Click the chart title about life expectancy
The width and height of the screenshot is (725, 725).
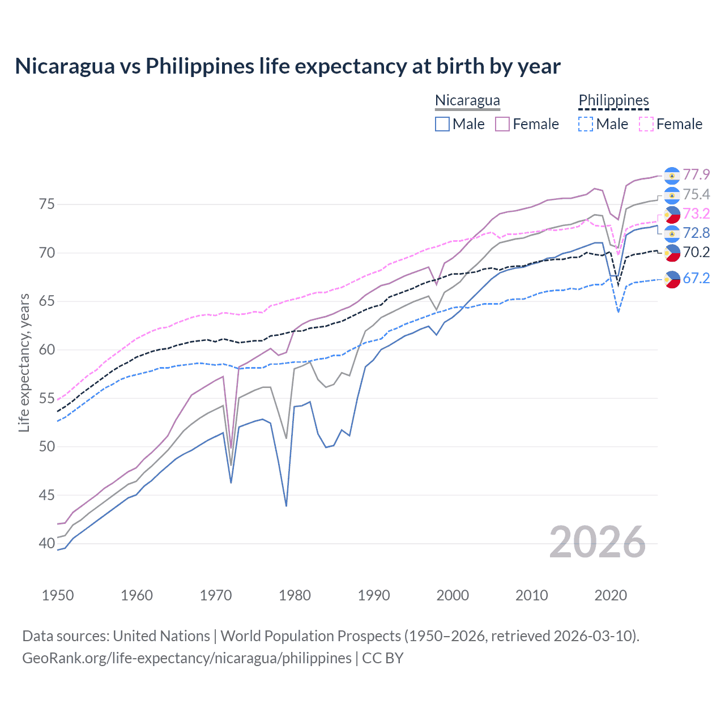click(288, 66)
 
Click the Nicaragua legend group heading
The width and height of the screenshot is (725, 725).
click(467, 100)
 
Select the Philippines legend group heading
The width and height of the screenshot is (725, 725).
click(613, 100)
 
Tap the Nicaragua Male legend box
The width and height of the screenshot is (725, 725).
click(442, 124)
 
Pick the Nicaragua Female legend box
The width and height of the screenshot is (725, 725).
click(502, 124)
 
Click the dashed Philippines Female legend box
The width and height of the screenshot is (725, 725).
click(646, 124)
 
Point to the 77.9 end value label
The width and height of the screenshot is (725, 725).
click(696, 175)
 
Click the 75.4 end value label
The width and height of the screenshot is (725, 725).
click(696, 195)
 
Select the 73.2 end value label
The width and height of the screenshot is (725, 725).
click(696, 214)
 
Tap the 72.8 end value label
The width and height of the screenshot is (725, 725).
click(696, 233)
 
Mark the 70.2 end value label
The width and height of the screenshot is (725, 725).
click(696, 252)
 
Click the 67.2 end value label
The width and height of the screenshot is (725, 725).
click(696, 278)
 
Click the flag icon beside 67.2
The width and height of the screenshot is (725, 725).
click(672, 279)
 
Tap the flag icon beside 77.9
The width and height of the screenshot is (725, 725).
click(672, 176)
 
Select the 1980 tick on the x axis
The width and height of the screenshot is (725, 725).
click(295, 595)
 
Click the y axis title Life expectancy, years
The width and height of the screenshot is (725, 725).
click(24, 362)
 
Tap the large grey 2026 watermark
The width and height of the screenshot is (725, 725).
click(597, 542)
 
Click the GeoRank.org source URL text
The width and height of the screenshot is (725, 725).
click(187, 658)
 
